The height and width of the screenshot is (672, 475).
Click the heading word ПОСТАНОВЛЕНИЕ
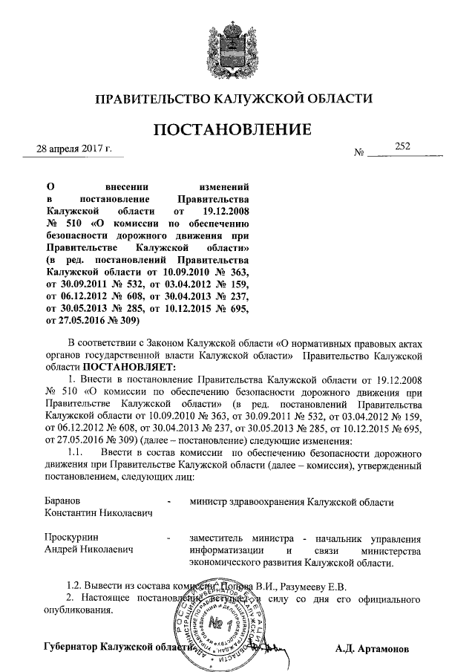[232, 131]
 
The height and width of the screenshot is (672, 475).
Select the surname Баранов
[63, 502]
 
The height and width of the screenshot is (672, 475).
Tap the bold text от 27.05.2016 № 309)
[94, 321]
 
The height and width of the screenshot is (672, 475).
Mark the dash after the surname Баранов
[171, 503]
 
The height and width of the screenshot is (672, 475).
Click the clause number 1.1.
[75, 454]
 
